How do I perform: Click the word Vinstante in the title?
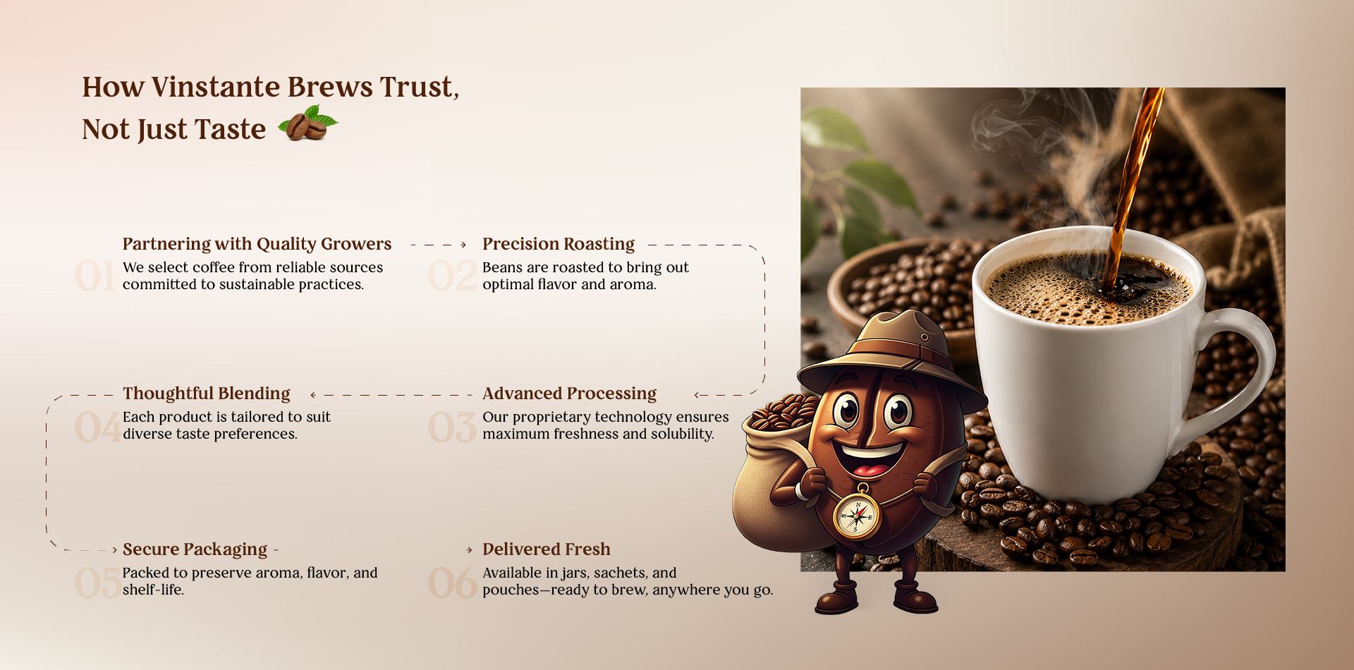216,87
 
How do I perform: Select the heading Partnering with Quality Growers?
257,244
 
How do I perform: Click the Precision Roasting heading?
559,244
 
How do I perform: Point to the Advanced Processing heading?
569,394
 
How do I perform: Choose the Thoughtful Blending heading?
207,394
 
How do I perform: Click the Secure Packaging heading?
195,549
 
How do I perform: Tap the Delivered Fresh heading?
547,549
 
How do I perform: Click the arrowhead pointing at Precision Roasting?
463,245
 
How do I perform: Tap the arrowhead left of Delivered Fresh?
470,550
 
